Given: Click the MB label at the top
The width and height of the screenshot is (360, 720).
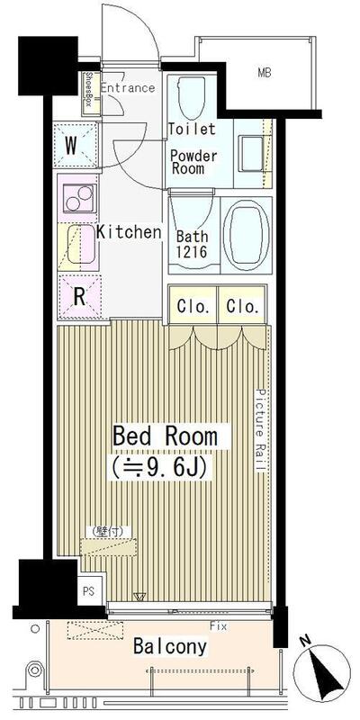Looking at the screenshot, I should [x=265, y=72].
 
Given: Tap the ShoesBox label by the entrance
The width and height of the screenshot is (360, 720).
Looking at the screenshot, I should [x=89, y=93].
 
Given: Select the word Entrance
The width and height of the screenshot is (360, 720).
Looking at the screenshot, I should [x=127, y=88].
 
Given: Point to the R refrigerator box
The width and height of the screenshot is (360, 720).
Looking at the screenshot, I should [x=79, y=298].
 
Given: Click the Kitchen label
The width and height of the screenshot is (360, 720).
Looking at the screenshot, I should [x=129, y=232].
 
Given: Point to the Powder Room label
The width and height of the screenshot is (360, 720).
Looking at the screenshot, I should [x=194, y=162].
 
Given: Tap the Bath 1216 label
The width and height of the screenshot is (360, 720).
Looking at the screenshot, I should [x=192, y=242].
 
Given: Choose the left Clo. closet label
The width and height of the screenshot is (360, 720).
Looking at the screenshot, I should [x=193, y=306].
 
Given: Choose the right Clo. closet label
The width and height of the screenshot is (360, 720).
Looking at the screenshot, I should [x=243, y=306].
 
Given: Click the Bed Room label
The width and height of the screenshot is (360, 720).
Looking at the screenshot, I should [x=165, y=436].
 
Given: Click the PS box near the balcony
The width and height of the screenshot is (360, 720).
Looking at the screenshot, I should [x=88, y=591].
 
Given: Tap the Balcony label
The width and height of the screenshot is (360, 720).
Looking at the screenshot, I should [x=170, y=646].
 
